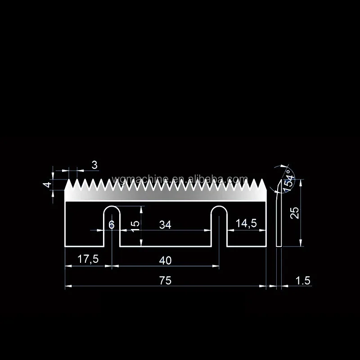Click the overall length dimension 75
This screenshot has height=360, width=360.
[x=165, y=280]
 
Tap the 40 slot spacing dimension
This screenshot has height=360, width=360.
[x=165, y=260]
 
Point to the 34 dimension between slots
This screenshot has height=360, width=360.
[x=165, y=225]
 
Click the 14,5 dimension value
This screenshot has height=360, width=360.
[x=246, y=224]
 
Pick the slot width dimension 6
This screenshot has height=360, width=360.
[x=112, y=225]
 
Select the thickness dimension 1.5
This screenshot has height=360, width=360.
[x=303, y=281]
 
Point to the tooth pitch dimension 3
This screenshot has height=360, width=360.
[x=94, y=165]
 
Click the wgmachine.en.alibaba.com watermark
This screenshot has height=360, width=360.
[x=180, y=180]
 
